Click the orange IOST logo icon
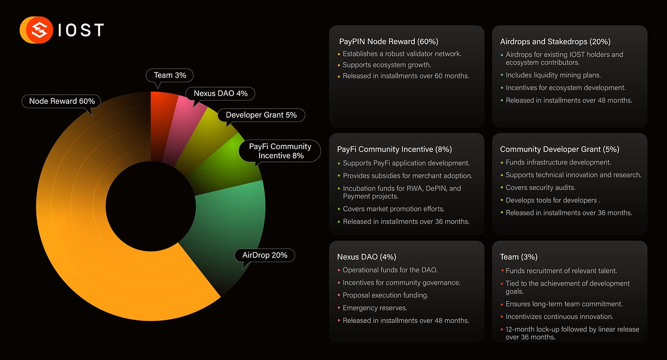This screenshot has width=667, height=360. point(36,30)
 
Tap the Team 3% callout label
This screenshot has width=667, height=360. point(170,76)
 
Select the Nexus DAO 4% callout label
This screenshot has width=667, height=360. point(220,93)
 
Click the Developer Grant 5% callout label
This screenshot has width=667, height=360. point(261,115)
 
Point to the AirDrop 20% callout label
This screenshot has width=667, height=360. point(265,255)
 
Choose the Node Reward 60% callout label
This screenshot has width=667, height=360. point(61,101)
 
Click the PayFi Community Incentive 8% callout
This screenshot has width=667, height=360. point(280,151)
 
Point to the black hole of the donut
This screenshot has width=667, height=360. point(151,206)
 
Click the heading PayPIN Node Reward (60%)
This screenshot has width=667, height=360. point(389,42)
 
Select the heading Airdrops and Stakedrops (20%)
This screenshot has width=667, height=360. point(555,42)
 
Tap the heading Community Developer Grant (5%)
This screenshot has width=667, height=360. point(560,149)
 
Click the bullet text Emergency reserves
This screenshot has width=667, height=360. point(375,308)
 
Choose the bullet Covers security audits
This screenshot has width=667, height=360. point(540,188)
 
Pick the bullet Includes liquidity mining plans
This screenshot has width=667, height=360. point(553,75)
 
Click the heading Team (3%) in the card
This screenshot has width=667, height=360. point(518,257)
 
